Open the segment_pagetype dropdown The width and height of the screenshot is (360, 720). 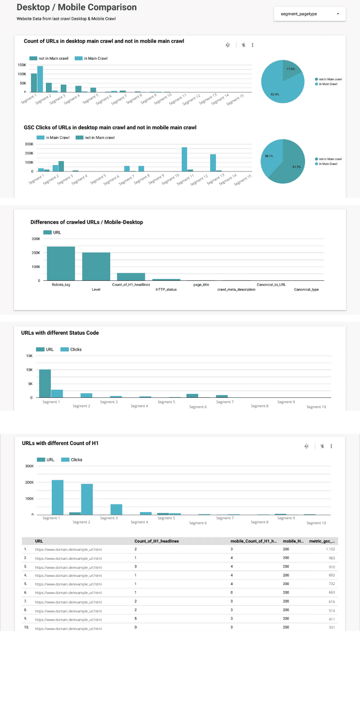click(x=310, y=14)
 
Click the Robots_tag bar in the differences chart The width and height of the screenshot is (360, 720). click(x=61, y=264)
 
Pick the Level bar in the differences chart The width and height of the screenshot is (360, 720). click(x=96, y=266)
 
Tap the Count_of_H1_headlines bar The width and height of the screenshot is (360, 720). click(x=131, y=277)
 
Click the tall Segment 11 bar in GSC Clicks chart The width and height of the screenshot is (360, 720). click(x=184, y=159)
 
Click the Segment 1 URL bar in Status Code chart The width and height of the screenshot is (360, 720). click(x=45, y=383)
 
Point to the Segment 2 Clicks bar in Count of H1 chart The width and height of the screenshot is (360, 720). click(x=87, y=499)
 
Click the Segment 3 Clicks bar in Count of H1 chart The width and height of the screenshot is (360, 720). click(x=116, y=509)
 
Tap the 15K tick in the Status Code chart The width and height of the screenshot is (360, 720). click(x=29, y=356)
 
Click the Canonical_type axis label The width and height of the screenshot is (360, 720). click(x=306, y=290)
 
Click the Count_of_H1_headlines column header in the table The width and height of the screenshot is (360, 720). click(x=156, y=541)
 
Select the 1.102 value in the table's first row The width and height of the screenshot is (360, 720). click(x=330, y=549)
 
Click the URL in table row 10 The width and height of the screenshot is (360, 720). click(x=68, y=629)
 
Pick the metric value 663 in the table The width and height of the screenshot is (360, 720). click(x=331, y=593)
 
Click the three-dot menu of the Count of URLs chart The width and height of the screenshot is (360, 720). click(x=252, y=45)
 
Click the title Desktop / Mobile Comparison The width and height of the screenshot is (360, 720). click(x=76, y=8)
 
